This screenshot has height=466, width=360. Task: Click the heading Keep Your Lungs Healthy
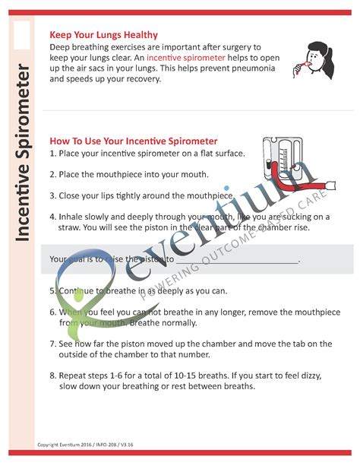(x=103, y=35)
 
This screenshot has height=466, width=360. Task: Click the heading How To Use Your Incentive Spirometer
(x=134, y=141)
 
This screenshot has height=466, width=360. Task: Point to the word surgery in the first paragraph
(x=243, y=46)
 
